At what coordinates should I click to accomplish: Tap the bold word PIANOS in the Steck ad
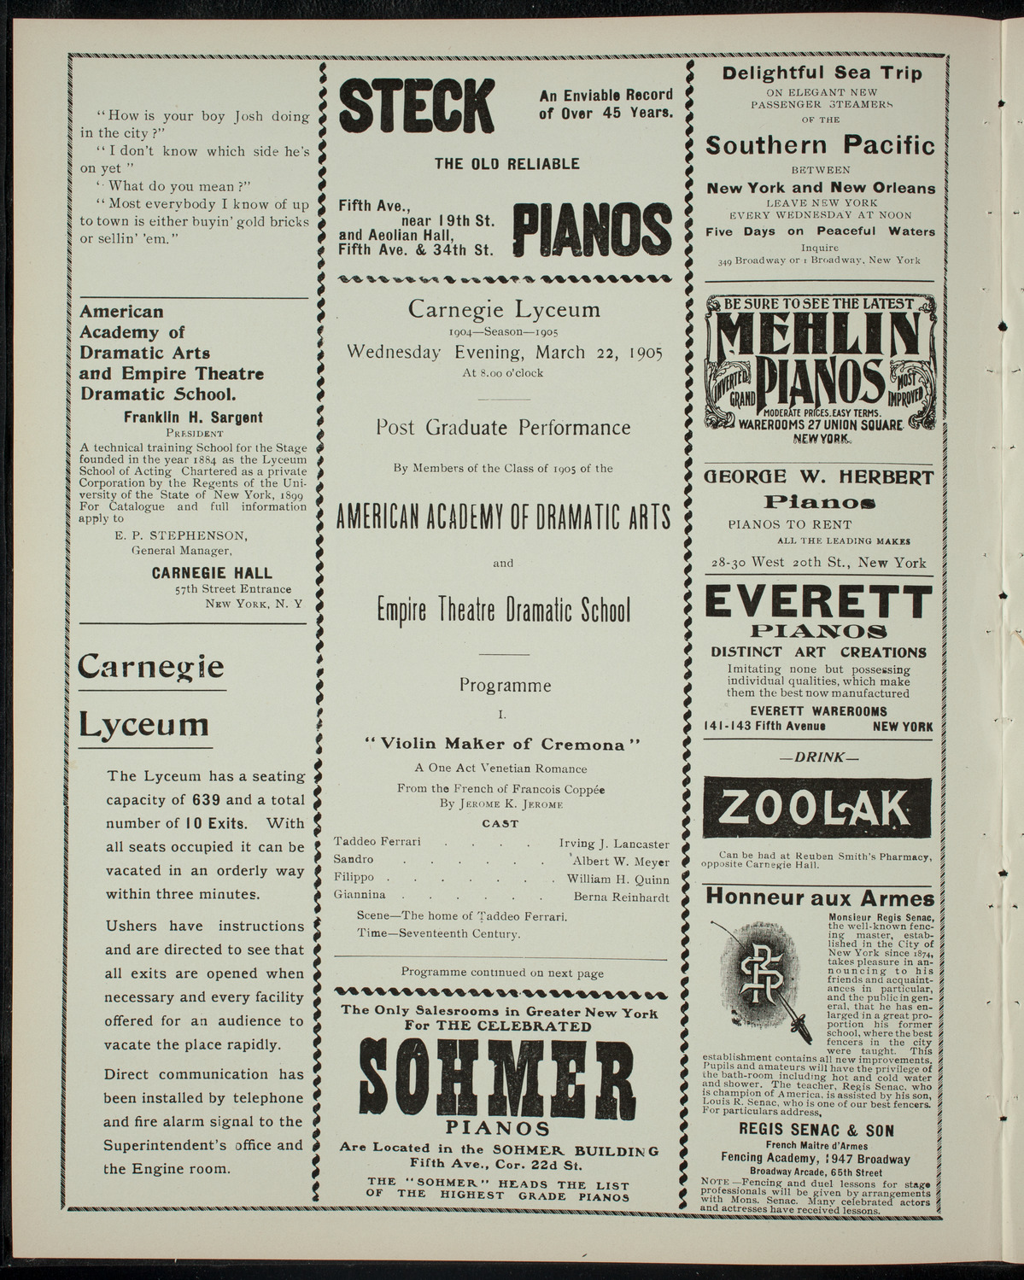pyautogui.click(x=591, y=229)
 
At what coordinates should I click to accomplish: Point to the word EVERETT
pyautogui.click(x=818, y=604)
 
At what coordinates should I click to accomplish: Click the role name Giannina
pyautogui.click(x=360, y=896)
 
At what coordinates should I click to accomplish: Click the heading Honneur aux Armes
pyautogui.click(x=818, y=898)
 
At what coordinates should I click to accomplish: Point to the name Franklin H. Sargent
pyautogui.click(x=193, y=417)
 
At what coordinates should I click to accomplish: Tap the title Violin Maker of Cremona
pyautogui.click(x=501, y=744)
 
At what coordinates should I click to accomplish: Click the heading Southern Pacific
pyautogui.click(x=820, y=145)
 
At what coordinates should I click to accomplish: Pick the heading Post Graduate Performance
pyautogui.click(x=503, y=428)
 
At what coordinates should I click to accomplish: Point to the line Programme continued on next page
pyautogui.click(x=502, y=973)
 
